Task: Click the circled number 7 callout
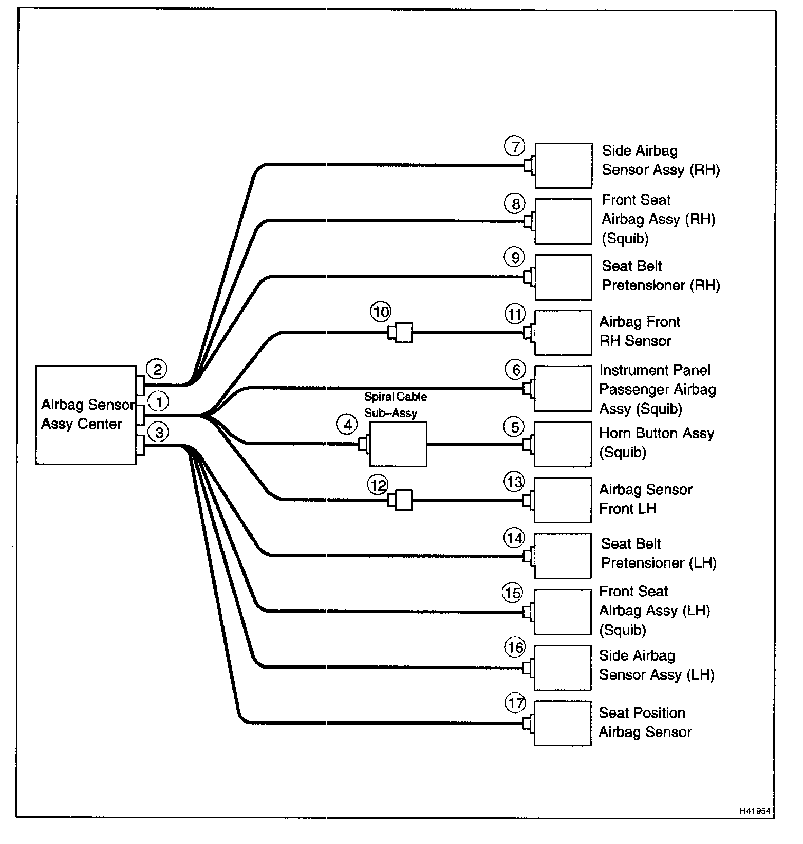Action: pyautogui.click(x=515, y=146)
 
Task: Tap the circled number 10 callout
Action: pyautogui.click(x=381, y=312)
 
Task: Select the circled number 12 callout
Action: pyautogui.click(x=378, y=484)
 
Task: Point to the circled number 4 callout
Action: pyautogui.click(x=347, y=425)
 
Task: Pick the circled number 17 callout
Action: pyautogui.click(x=516, y=703)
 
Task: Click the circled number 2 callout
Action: pyautogui.click(x=157, y=369)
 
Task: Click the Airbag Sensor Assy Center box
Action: pyautogui.click(x=86, y=415)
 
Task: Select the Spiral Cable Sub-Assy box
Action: pyautogui.click(x=398, y=444)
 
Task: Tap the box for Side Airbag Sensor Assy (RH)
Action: pyautogui.click(x=563, y=165)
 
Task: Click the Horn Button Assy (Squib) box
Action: pyautogui.click(x=563, y=444)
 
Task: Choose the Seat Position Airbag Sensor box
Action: pyautogui.click(x=562, y=723)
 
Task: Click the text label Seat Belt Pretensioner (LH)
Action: pyautogui.click(x=659, y=553)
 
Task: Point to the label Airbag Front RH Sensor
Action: pyautogui.click(x=639, y=331)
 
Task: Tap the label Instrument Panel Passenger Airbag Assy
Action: pyautogui.click(x=657, y=389)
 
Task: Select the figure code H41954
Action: pyautogui.click(x=755, y=811)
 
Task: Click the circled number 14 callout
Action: pyautogui.click(x=515, y=538)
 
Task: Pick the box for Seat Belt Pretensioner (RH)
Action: pyautogui.click(x=563, y=277)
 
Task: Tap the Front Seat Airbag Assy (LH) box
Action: pyautogui.click(x=562, y=612)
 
